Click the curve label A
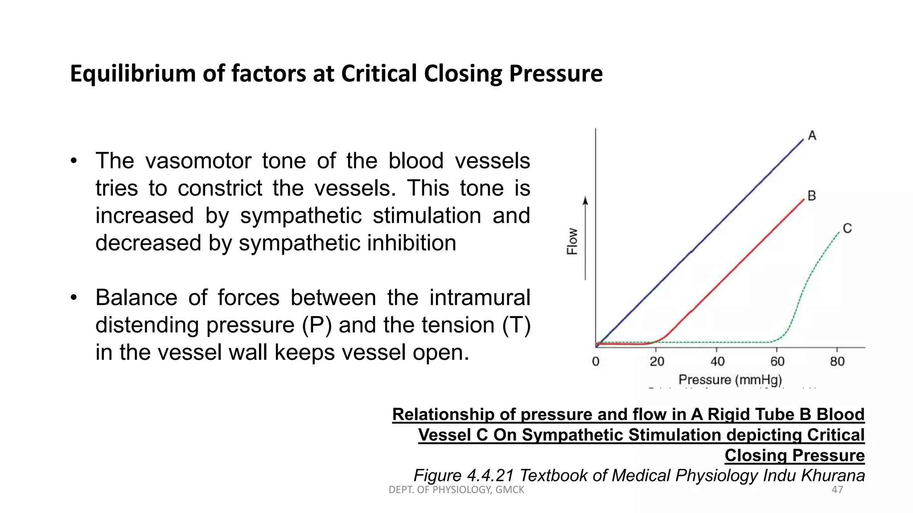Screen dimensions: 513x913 coord(812,135)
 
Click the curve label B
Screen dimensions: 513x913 coord(811,195)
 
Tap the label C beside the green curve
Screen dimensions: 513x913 coord(847,228)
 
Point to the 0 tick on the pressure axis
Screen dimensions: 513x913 coord(596,361)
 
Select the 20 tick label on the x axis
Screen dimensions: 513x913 coord(657,361)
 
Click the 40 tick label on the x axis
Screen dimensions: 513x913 coord(717,361)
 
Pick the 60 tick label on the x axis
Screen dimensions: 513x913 coord(777,361)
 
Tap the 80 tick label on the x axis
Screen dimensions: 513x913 coord(837,361)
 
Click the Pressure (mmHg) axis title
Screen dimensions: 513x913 coord(730,380)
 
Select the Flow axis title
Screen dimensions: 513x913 coord(572,241)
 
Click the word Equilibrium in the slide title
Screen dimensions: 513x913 coord(133,74)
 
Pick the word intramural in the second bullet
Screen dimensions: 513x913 coord(480,297)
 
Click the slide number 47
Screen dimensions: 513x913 coord(837,490)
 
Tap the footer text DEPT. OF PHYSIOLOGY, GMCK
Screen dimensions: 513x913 coord(456,490)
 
